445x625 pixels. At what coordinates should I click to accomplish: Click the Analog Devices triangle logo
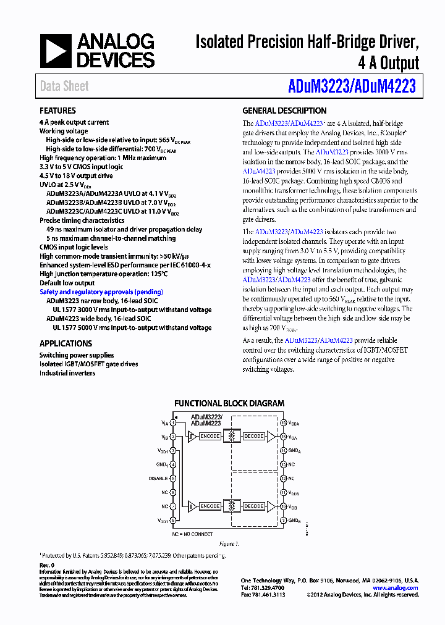point(56,51)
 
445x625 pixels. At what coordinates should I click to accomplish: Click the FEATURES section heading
point(57,111)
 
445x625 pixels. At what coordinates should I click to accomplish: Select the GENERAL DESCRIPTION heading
point(284,111)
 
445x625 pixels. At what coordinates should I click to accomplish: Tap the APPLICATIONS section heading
point(66,343)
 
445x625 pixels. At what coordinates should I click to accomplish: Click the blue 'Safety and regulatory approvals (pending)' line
point(101,292)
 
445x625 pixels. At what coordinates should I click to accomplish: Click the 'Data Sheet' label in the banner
point(64,86)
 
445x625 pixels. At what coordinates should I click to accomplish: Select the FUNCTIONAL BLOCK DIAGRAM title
point(229,403)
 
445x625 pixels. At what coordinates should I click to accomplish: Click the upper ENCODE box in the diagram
point(210,436)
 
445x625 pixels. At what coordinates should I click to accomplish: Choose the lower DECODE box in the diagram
point(253,506)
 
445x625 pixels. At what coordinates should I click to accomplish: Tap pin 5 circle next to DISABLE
point(173,478)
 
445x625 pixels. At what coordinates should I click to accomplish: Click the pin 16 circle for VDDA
point(283,423)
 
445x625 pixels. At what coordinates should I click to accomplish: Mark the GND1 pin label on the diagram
point(162,464)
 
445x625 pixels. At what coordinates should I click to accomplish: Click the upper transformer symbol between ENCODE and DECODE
point(232,436)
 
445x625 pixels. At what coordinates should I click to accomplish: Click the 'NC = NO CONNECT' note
point(192,534)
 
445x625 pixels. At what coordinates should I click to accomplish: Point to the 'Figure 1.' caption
point(228,544)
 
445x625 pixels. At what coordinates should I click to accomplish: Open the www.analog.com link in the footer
point(396,588)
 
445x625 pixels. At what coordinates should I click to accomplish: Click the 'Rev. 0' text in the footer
point(47,565)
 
